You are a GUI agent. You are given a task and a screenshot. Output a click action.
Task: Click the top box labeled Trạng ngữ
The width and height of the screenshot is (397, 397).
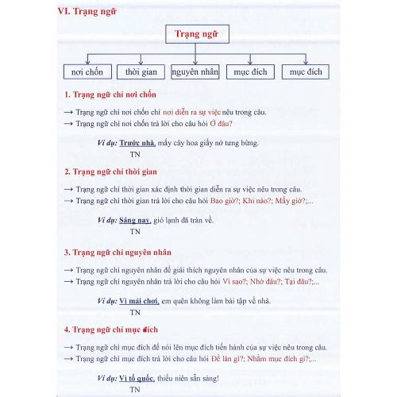click(x=196, y=34)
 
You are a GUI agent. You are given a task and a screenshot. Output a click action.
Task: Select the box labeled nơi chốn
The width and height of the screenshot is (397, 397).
click(x=87, y=72)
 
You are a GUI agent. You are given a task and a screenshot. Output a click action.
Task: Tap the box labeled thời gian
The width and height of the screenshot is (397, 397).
click(x=141, y=72)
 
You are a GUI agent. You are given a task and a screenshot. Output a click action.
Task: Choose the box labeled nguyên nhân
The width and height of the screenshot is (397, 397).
click(x=195, y=72)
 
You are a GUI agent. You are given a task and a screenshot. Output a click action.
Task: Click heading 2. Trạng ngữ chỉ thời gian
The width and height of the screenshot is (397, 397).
click(x=110, y=172)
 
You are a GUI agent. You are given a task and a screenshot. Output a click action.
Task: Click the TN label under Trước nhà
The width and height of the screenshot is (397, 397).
click(x=135, y=155)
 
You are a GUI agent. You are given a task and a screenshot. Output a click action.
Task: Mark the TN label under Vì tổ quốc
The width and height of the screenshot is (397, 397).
click(x=135, y=390)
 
